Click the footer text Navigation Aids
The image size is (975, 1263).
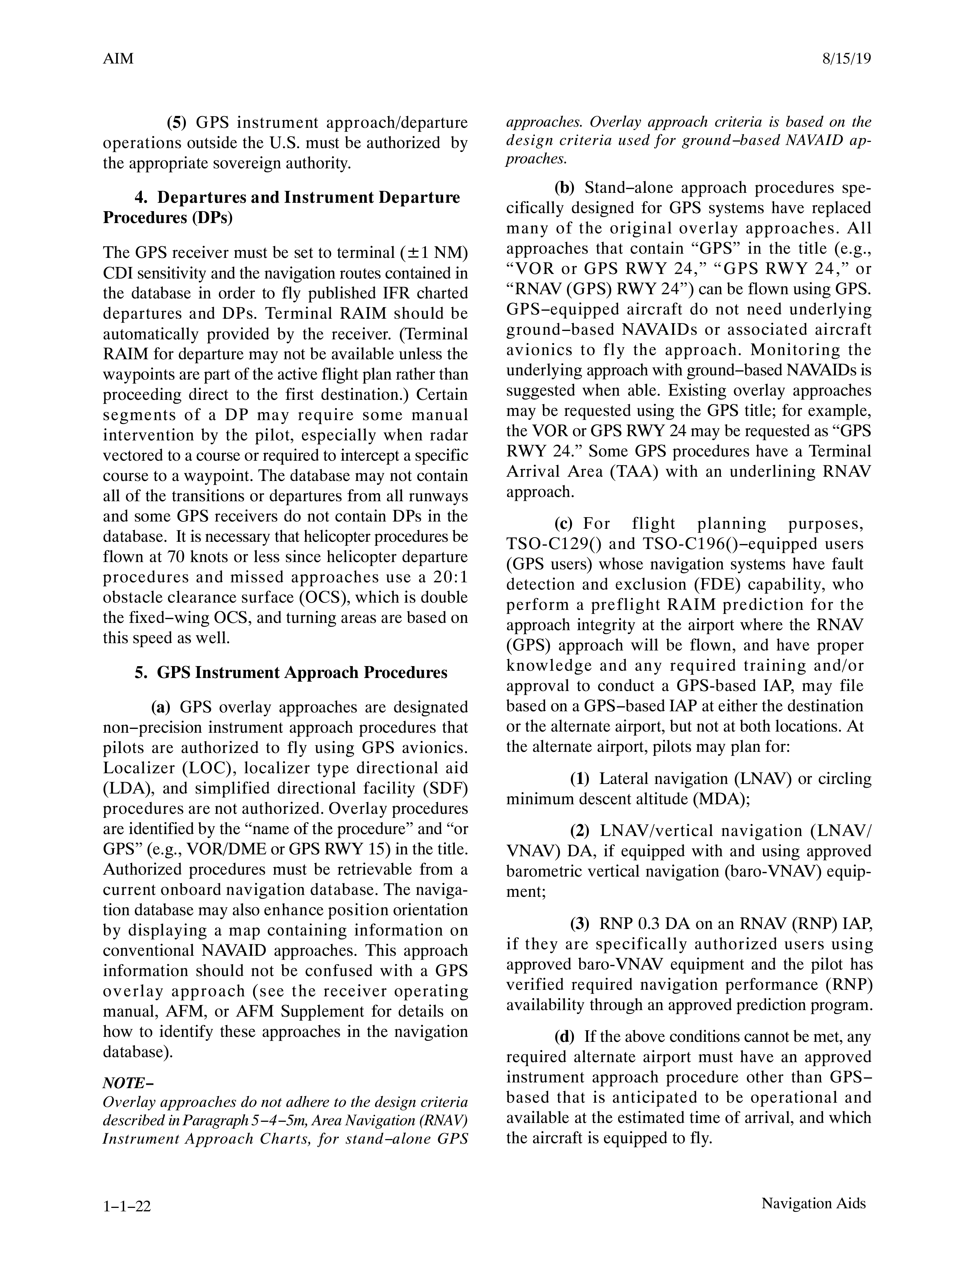[x=813, y=1203]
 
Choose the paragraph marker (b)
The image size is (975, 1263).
[x=564, y=187]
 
